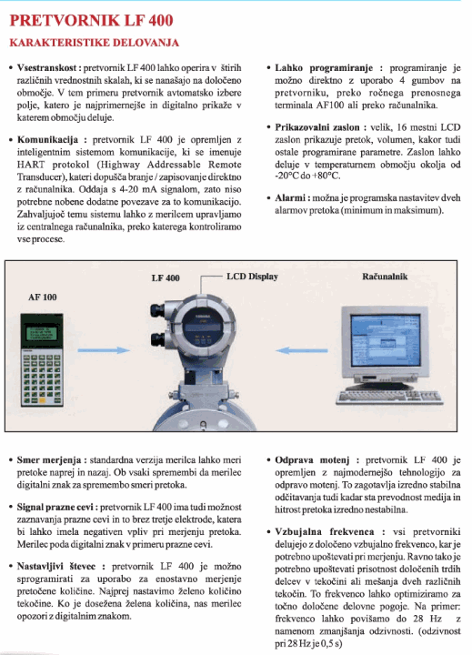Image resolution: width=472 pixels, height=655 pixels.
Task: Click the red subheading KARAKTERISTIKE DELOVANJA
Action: pyautogui.click(x=93, y=43)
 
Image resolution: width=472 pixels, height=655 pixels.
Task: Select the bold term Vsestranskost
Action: pyautogui.click(x=48, y=68)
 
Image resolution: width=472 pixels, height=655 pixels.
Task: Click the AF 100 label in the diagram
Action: pyautogui.click(x=42, y=297)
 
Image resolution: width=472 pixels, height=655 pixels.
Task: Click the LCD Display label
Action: pyautogui.click(x=252, y=277)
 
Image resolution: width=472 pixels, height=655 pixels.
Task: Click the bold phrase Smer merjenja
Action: pyautogui.click(x=50, y=461)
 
